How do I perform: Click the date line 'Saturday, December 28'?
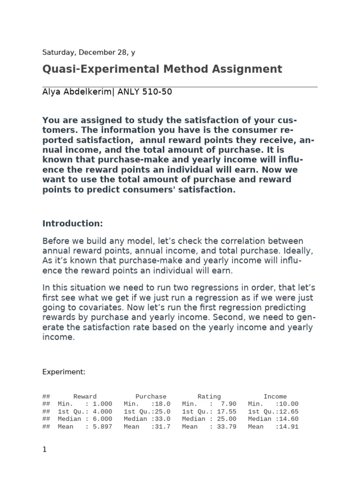pos(89,52)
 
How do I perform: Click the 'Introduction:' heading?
pos(72,223)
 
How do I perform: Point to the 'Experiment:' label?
pos(64,372)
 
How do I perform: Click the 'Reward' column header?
pos(85,397)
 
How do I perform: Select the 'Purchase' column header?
pos(150,397)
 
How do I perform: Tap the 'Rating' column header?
pos(209,397)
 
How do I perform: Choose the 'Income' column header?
pos(275,397)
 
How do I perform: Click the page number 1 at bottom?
pos(45,450)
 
